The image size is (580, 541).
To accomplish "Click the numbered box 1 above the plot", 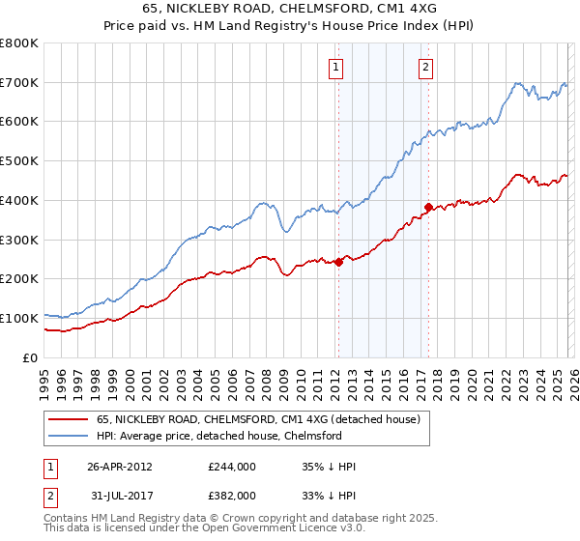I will (335, 68).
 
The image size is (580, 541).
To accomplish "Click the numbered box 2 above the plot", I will (425, 68).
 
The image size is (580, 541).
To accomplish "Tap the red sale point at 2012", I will (338, 262).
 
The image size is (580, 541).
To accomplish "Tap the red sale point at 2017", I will (428, 207).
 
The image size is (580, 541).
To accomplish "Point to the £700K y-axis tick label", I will (19, 83).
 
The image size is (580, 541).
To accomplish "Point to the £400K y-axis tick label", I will (19, 201).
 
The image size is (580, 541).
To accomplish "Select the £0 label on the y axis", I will (31, 357).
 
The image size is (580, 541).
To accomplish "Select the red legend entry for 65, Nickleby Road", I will (257, 420).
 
